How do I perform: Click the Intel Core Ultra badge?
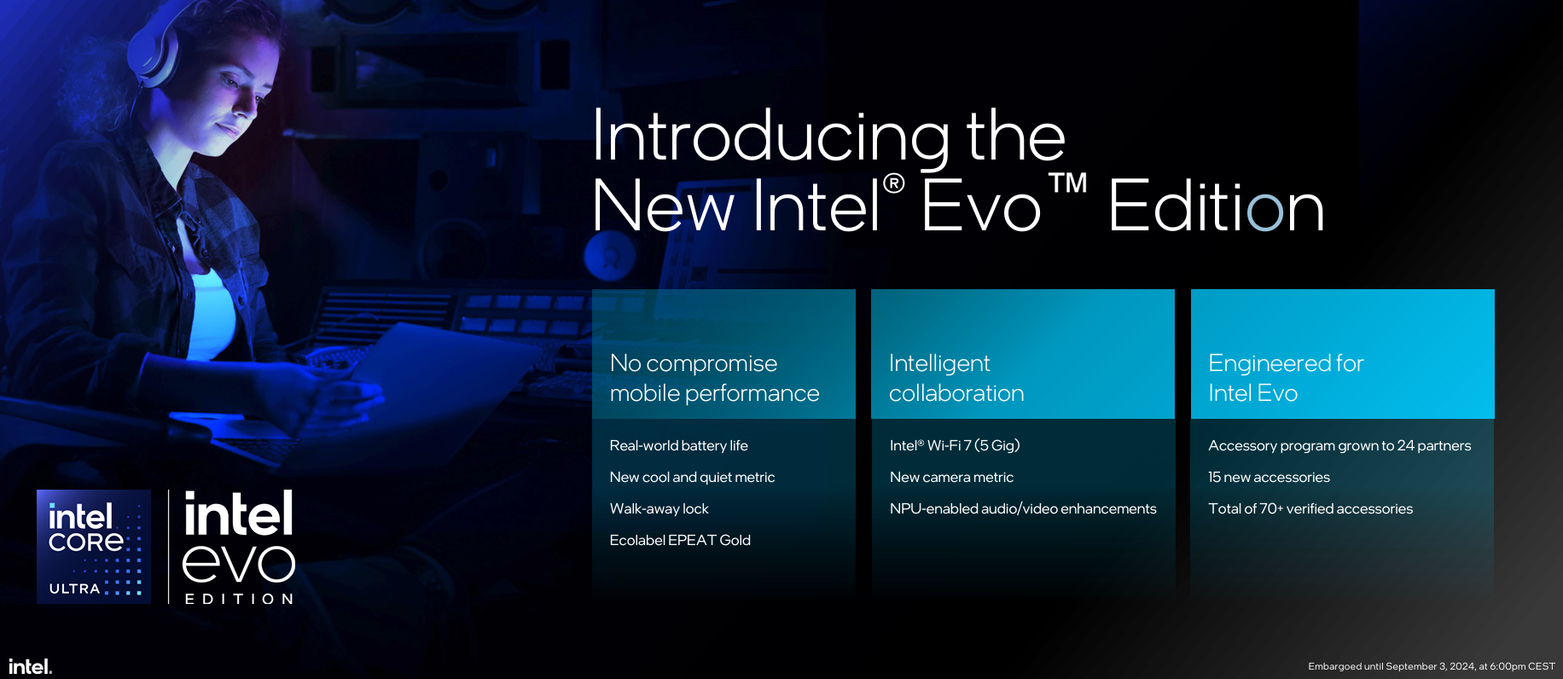coord(94,547)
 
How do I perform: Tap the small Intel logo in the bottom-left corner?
coord(31,666)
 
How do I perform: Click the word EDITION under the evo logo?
coord(240,599)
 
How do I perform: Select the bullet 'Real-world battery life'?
coord(678,445)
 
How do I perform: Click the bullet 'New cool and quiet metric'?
coord(692,477)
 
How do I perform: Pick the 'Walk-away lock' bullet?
coord(659,508)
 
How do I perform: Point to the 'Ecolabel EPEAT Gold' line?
coord(680,540)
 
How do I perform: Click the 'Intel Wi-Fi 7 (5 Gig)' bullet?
coord(955,445)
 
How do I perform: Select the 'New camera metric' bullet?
coord(951,477)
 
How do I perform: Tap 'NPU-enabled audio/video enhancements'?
coord(1023,508)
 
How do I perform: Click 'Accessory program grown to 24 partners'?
coord(1339,445)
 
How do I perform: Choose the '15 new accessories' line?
coord(1269,477)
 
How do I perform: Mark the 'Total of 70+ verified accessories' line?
coord(1310,508)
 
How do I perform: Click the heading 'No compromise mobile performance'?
coord(714,378)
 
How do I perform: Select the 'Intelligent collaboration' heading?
coord(956,378)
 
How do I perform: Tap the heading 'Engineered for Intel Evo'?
coord(1286,378)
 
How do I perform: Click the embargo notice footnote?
coord(1432,666)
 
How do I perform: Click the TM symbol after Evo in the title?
coord(1067,183)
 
